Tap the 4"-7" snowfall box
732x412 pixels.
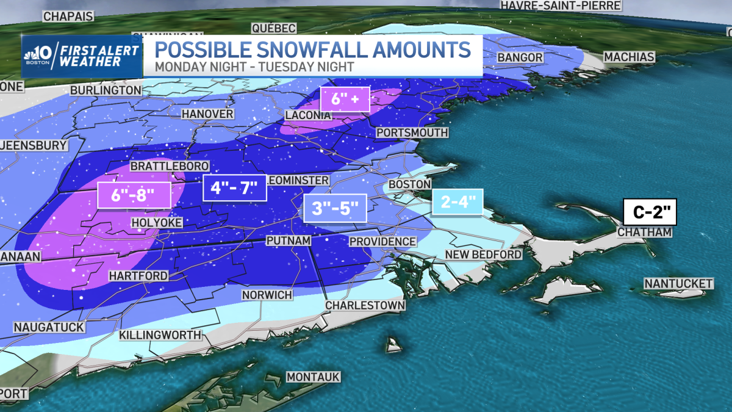click(234, 188)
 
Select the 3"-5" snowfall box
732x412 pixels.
click(335, 208)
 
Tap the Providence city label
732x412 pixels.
click(382, 242)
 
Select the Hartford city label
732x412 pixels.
click(138, 276)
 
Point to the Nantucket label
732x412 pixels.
click(678, 283)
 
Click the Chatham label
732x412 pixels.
click(644, 233)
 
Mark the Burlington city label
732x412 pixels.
click(106, 90)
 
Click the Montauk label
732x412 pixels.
click(313, 377)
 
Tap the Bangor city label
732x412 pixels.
click(520, 57)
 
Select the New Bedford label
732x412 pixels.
click(483, 255)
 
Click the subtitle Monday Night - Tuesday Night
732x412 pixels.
click(254, 66)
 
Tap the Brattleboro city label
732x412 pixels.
click(170, 166)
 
